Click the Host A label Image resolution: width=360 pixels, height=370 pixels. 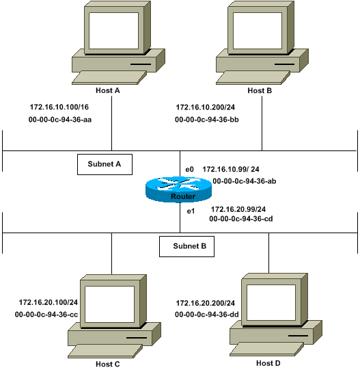(x=111, y=90)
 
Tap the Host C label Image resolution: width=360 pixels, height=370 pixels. (x=111, y=365)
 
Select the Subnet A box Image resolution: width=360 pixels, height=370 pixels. (x=104, y=164)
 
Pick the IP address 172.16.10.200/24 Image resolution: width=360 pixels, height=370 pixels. (x=206, y=107)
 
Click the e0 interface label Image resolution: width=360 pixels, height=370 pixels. (x=190, y=168)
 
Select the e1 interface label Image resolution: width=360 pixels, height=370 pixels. (x=191, y=211)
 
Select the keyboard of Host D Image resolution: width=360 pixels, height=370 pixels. (x=264, y=349)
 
